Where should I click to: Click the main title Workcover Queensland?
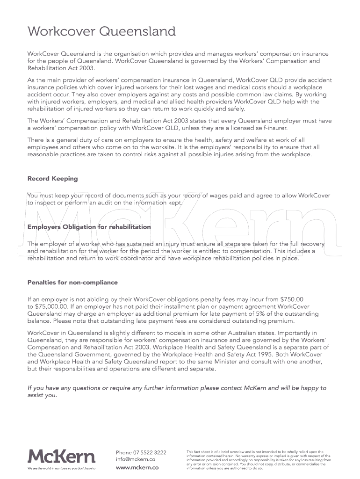tap(101, 32)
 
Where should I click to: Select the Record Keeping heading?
tap(53, 179)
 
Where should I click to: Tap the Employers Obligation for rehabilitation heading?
tap(89, 227)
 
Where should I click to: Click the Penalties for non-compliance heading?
tap(72, 283)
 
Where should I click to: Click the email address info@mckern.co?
tap(136, 459)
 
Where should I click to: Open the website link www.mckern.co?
tap(137, 467)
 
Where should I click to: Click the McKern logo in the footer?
tap(61, 456)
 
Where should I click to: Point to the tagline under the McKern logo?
tap(61, 468)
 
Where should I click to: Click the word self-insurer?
tap(271, 128)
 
